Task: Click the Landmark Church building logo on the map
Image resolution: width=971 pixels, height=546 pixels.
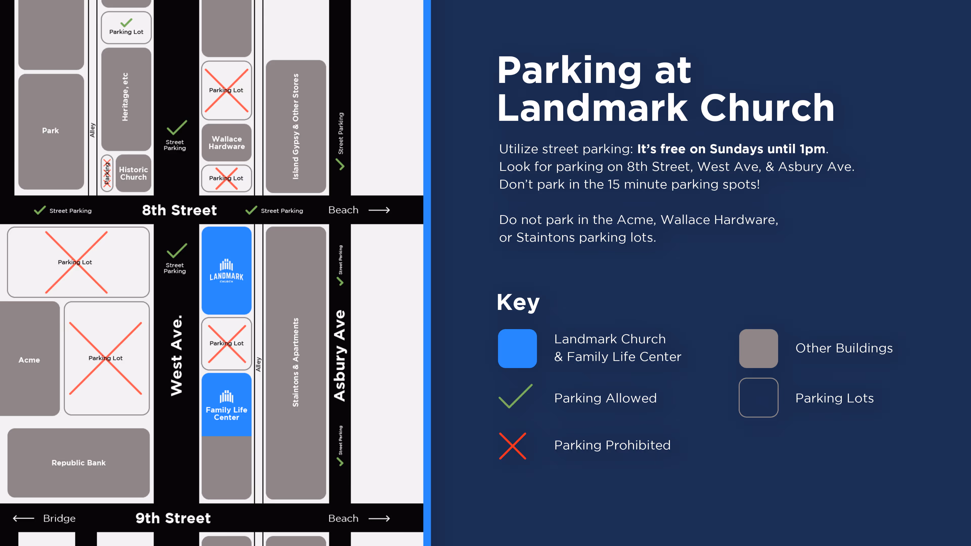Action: coord(226,270)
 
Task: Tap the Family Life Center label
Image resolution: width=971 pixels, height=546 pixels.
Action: coord(226,413)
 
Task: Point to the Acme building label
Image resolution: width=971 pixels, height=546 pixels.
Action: coord(29,360)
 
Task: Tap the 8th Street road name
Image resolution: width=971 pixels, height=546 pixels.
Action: coord(179,210)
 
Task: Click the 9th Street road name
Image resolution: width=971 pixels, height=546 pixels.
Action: coord(173,518)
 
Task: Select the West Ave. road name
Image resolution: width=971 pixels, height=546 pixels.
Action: coord(176,355)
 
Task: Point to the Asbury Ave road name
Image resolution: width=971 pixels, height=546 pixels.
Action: coord(340,355)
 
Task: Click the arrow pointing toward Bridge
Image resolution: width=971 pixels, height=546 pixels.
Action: coord(23,518)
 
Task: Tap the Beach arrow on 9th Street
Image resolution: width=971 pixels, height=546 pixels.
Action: coord(379,518)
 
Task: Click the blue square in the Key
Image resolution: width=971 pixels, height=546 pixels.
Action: coord(517,348)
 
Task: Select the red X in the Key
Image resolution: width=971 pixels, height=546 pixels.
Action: coord(512,446)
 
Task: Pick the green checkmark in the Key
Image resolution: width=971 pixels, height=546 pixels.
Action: coord(515,396)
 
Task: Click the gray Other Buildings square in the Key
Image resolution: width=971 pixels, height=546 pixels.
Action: coord(758,348)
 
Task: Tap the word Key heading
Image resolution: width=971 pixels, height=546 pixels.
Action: coord(518,302)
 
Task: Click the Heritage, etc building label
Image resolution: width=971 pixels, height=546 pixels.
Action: coord(125,97)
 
